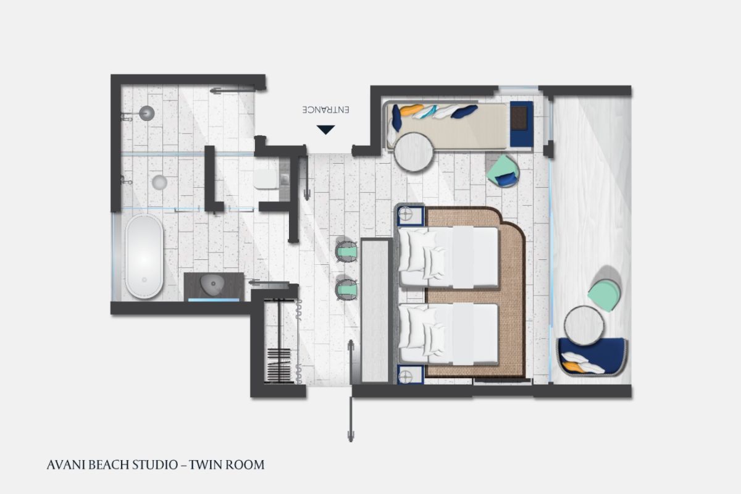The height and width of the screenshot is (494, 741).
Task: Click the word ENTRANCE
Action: click(x=326, y=109)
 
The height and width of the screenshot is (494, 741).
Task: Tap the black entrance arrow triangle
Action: click(x=326, y=130)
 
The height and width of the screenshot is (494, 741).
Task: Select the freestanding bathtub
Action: click(x=144, y=256)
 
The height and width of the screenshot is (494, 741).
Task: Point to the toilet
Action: click(x=266, y=179)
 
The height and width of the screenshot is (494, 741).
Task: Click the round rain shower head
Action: click(x=146, y=113)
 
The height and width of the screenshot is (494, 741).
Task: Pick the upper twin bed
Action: click(x=448, y=257)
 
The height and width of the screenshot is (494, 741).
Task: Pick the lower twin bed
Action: click(x=448, y=334)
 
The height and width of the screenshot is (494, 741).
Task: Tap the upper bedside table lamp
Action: click(x=406, y=214)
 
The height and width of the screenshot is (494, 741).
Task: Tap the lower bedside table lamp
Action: click(x=406, y=376)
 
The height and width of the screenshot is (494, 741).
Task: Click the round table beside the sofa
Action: click(x=414, y=152)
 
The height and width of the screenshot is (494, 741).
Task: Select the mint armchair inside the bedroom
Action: click(x=503, y=171)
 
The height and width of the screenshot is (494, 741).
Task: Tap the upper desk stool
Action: click(x=346, y=251)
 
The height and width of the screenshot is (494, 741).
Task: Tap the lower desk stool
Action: click(x=346, y=290)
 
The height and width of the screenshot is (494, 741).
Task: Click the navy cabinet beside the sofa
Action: click(x=521, y=124)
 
